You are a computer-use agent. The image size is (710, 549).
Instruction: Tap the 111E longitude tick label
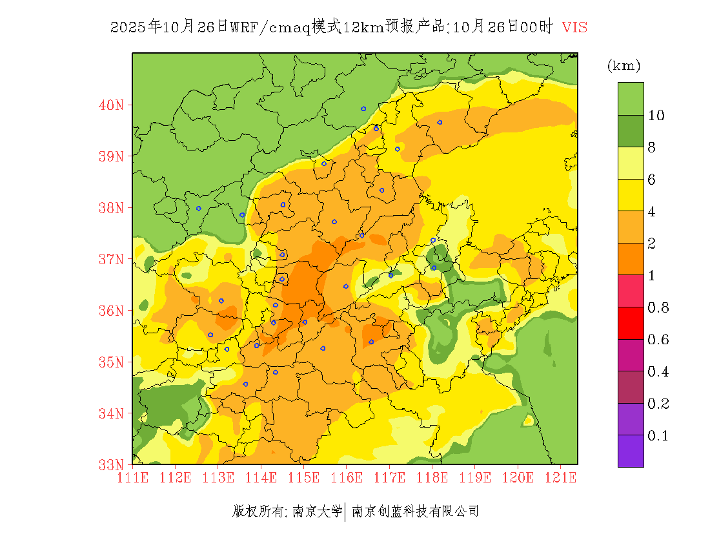(133, 478)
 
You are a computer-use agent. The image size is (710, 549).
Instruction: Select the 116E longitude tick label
(347, 478)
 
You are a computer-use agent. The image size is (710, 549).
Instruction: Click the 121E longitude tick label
(560, 478)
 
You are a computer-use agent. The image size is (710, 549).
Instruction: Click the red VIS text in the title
(574, 27)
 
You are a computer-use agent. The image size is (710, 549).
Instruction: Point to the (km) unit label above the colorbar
(624, 65)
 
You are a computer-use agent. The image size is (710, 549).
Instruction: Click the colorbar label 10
(656, 116)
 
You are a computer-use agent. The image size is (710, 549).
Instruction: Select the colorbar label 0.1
(658, 436)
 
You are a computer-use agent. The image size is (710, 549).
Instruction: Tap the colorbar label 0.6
(658, 340)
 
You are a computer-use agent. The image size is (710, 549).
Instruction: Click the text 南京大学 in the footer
(317, 512)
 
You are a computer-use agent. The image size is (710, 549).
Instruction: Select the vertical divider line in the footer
(347, 512)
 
